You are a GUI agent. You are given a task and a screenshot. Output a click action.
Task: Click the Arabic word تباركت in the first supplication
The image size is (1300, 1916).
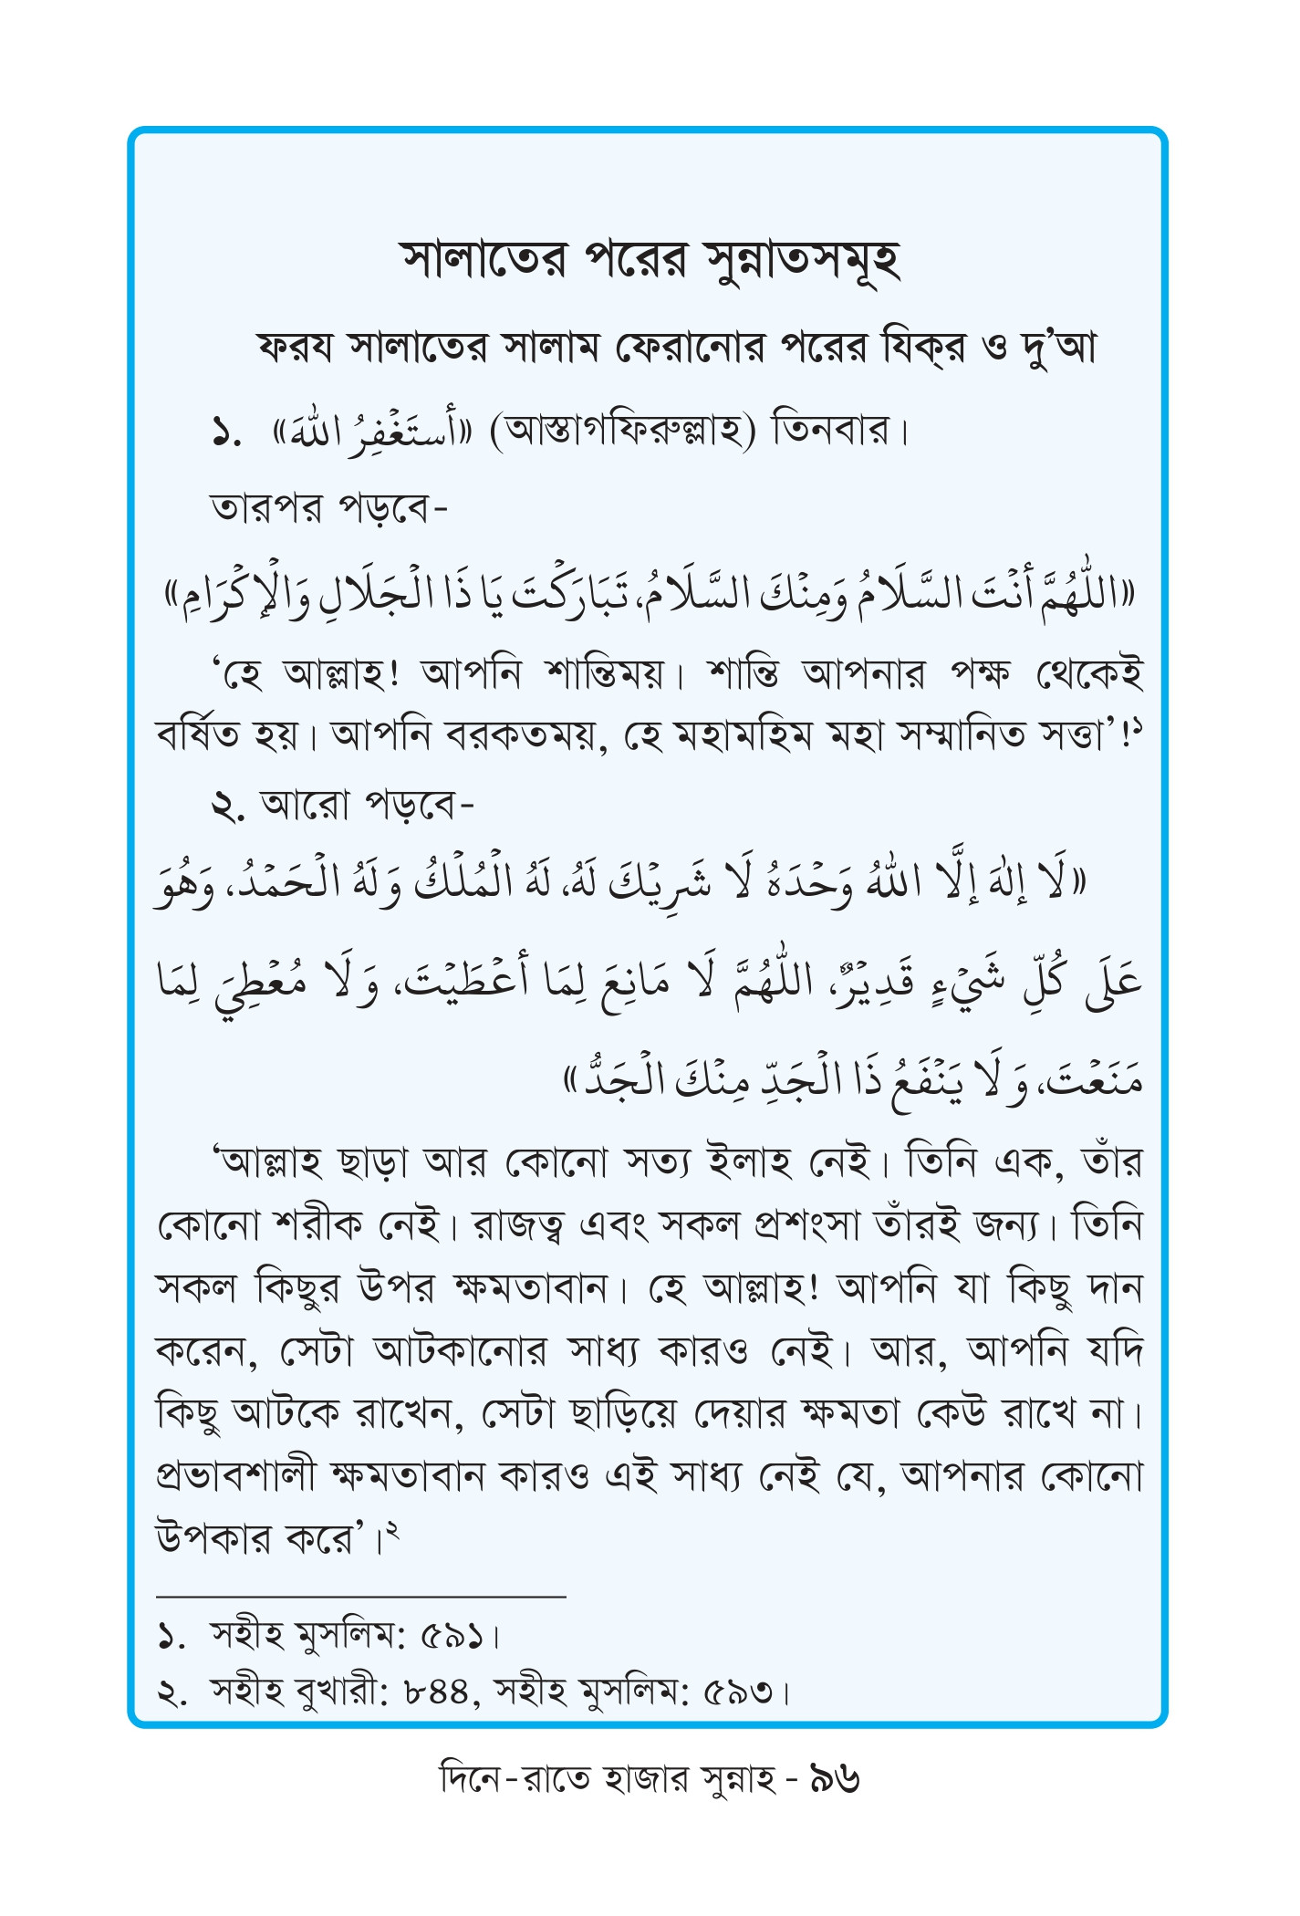pyautogui.click(x=562, y=595)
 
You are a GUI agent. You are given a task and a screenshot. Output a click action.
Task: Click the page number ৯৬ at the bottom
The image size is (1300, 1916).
pyautogui.click(x=835, y=1779)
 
